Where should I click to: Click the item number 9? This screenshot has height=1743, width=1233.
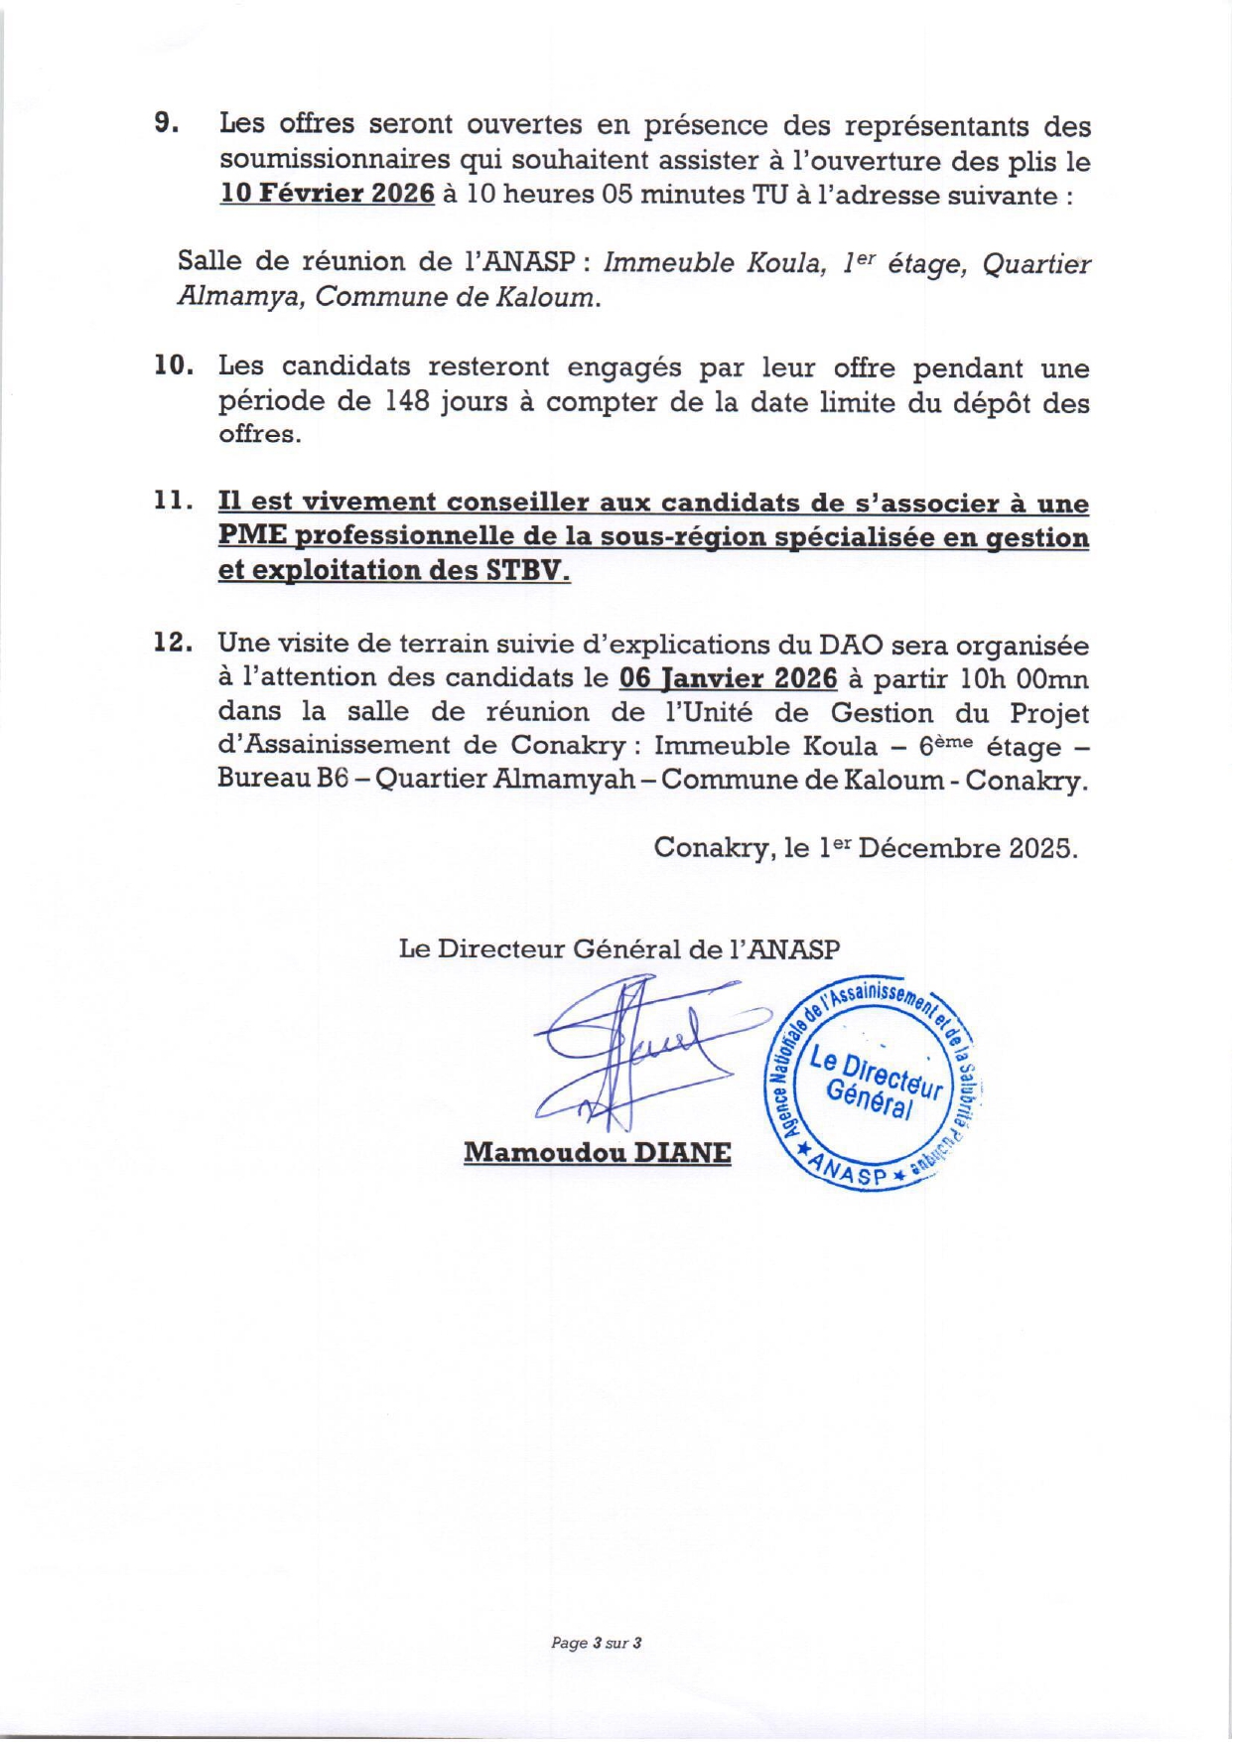166,124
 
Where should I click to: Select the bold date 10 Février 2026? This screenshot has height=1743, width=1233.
328,194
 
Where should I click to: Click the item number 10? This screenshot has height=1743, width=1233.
174,366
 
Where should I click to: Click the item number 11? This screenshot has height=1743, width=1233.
174,502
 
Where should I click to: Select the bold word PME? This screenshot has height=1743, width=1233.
252,536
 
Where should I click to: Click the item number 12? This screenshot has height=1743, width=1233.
174,643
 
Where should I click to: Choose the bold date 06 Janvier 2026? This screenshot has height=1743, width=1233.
728,678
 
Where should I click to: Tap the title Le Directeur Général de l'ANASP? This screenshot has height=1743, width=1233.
618,948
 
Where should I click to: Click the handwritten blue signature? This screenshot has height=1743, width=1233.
635,1053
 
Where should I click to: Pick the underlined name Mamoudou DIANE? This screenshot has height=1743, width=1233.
598,1153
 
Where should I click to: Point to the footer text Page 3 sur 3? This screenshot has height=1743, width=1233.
596,1643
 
